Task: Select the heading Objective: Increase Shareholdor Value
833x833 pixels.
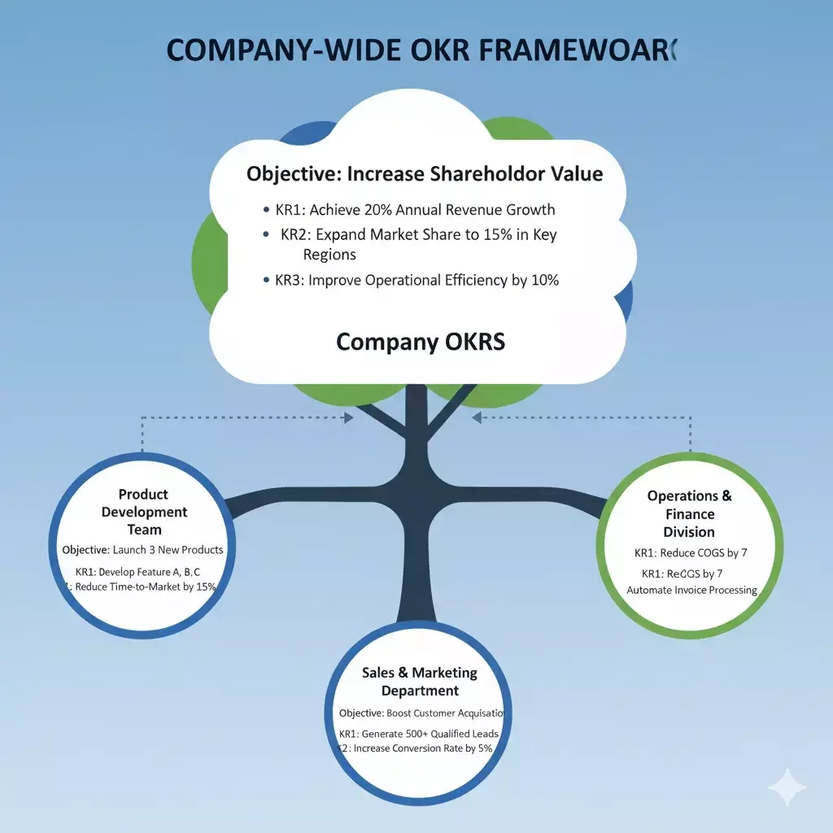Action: pos(425,173)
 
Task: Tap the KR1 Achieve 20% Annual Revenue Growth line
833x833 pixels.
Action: pos(415,209)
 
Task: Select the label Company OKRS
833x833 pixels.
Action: pos(421,341)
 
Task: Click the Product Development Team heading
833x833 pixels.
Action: pos(144,512)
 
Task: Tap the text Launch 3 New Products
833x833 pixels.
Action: pos(168,550)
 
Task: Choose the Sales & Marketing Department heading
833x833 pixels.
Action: pos(420,682)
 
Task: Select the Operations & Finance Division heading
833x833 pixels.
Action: pos(689,513)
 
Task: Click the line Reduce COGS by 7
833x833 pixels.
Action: pos(691,553)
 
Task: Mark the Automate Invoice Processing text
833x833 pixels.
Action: pos(691,590)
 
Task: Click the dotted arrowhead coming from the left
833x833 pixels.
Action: pos(349,418)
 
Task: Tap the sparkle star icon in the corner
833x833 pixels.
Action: pos(787,787)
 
